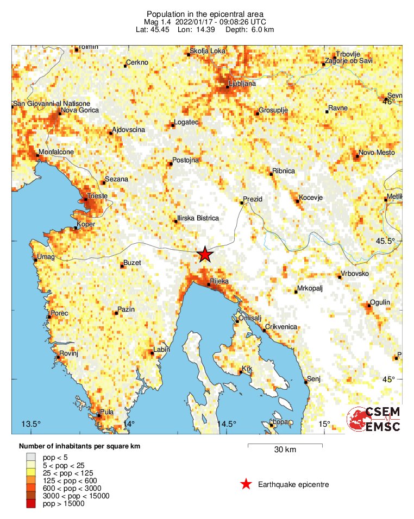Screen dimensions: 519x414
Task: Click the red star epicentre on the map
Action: point(204,254)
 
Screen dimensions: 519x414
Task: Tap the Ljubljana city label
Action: point(242,84)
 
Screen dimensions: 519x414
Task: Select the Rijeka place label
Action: point(219,281)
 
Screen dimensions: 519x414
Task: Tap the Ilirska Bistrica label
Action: point(198,218)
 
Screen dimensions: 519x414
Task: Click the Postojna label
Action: point(186,160)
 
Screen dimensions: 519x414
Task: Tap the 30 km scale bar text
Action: point(285,450)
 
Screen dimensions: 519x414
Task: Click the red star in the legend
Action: point(246,484)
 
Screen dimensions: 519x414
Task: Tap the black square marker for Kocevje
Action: point(298,201)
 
